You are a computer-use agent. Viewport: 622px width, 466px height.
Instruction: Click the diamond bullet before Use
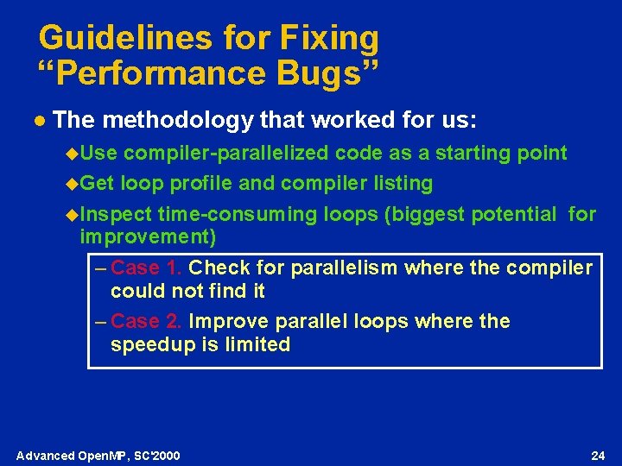[x=72, y=154]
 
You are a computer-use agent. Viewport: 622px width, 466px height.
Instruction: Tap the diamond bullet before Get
[x=72, y=183]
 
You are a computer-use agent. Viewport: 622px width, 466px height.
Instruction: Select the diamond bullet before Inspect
[x=72, y=214]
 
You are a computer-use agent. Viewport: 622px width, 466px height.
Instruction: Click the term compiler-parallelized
[x=226, y=154]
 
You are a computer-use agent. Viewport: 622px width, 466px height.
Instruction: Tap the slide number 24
[x=597, y=455]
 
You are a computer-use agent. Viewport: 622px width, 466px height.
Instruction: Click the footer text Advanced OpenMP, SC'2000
[x=98, y=455]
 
